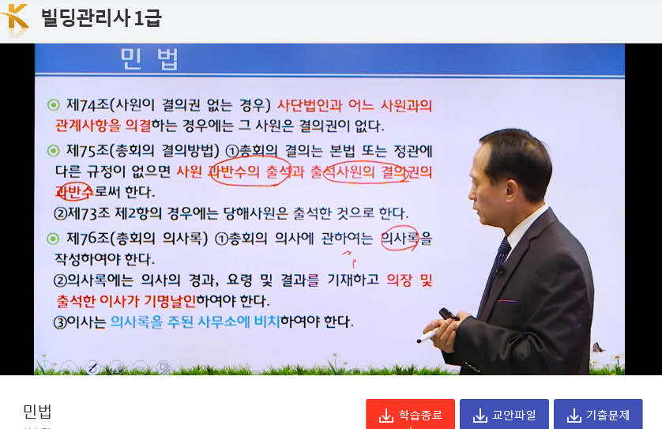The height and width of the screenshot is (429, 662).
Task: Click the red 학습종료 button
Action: click(410, 415)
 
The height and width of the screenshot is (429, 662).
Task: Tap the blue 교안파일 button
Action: click(504, 415)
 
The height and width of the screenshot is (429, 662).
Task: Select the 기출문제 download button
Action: click(598, 415)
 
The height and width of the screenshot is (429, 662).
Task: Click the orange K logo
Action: click(16, 21)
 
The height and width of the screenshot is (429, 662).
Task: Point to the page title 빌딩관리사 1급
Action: click(101, 18)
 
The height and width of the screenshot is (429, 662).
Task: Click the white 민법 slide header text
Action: click(149, 59)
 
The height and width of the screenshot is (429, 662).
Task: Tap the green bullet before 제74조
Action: click(53, 105)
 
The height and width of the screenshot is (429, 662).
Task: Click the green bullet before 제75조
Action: click(53, 150)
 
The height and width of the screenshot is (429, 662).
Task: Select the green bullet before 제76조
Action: click(53, 239)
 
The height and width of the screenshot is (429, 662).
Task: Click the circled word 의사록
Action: click(400, 239)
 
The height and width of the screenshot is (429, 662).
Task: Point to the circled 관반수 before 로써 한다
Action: click(74, 192)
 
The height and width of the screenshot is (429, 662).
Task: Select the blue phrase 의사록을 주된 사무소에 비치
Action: click(195, 322)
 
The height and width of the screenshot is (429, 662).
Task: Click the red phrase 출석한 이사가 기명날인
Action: click(126, 301)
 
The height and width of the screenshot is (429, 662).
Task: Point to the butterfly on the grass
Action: click(598, 348)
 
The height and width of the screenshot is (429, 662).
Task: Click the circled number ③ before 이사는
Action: click(60, 322)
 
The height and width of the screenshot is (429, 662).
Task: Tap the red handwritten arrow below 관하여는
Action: click(349, 258)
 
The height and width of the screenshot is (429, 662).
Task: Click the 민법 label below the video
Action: click(38, 411)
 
